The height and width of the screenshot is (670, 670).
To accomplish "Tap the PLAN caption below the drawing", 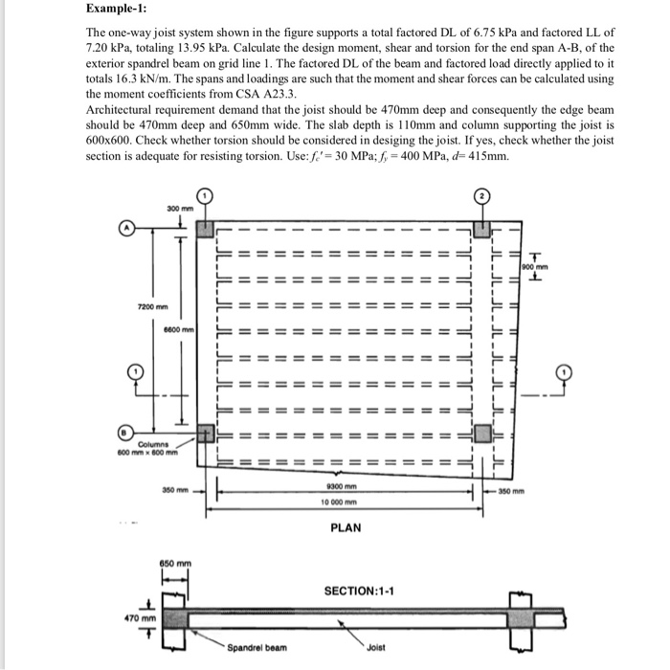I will point(346,527).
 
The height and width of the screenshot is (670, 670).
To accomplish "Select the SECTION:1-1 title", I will point(360,590).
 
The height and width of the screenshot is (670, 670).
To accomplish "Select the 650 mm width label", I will point(176,563).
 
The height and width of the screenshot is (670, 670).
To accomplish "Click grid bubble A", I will point(126,227).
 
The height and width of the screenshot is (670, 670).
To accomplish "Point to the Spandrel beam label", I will point(255,648).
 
